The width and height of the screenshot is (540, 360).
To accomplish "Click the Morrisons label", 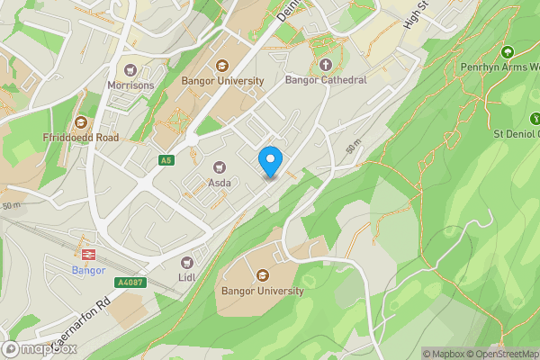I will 130,85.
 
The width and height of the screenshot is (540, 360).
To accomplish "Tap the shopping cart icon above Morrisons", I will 130,69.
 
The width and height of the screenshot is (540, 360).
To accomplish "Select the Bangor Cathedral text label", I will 326,80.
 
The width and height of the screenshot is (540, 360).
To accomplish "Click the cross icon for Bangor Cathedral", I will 326,65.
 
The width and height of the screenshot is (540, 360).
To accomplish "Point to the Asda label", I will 220,183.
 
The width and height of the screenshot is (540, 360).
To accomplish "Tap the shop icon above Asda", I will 220,166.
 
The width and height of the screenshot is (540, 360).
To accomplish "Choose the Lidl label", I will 187,278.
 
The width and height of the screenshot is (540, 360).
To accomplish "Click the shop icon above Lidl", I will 187,263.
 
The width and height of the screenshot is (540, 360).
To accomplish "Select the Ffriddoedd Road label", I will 80,138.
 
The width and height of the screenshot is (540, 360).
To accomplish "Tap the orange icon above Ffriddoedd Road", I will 80,121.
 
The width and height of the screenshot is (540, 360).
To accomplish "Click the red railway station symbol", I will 88,254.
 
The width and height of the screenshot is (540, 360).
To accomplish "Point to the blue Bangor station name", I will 88,270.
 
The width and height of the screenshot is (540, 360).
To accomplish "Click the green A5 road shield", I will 166,160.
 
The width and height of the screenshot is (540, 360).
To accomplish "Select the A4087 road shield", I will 129,282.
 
